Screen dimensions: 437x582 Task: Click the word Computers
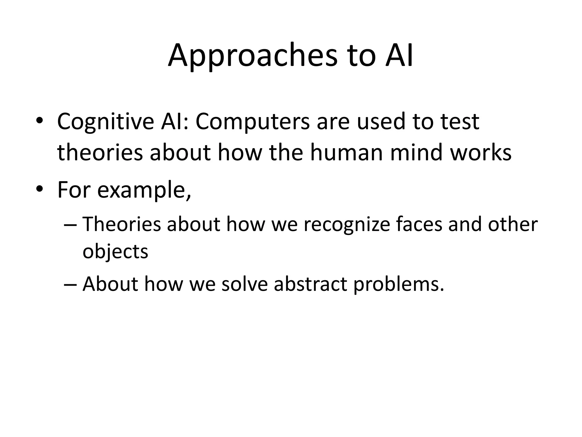click(x=253, y=122)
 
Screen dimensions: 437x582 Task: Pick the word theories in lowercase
click(x=100, y=152)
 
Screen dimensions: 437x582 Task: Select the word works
click(x=481, y=152)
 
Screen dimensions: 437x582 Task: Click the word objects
click(x=115, y=252)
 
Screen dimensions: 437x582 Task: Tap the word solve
click(x=244, y=284)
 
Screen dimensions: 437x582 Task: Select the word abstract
click(x=310, y=284)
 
